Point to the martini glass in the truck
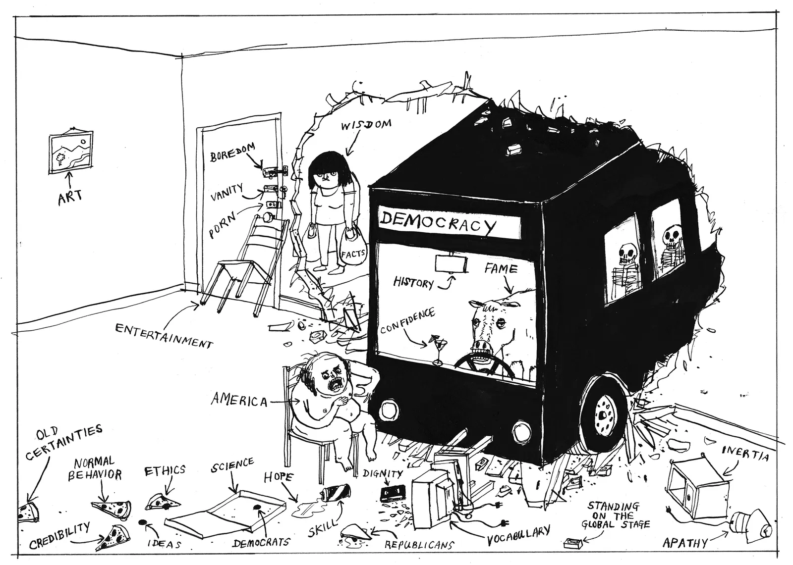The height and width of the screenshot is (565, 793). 437,349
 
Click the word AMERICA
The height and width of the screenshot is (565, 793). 239,400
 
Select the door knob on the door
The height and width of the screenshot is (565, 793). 268,217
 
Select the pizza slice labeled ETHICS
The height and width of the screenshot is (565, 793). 161,502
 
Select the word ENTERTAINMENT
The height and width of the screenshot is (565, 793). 164,335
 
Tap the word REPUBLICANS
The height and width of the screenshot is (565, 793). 419,544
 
